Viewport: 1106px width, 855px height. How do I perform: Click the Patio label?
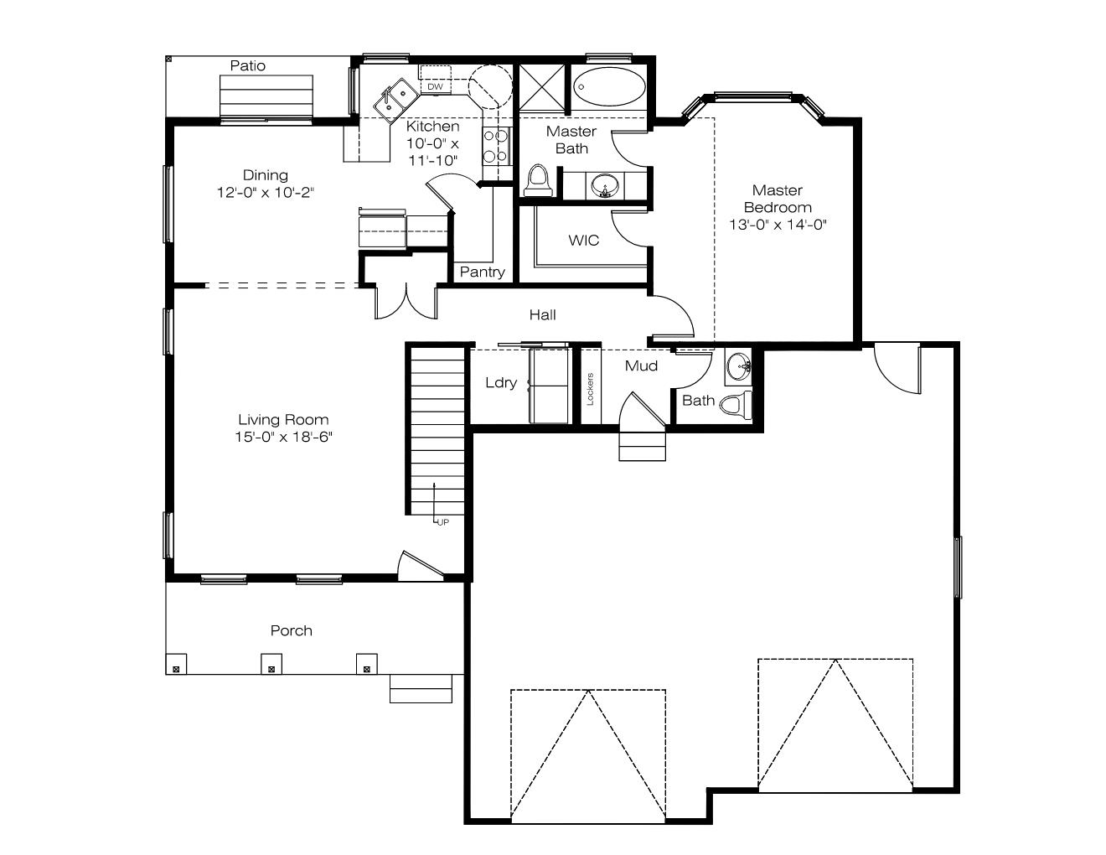(247, 65)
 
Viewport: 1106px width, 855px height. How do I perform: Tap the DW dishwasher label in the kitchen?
(435, 86)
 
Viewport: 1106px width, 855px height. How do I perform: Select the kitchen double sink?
(396, 100)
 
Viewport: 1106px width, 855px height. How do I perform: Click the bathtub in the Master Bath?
(609, 87)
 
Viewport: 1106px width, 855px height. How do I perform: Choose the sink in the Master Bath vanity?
(605, 186)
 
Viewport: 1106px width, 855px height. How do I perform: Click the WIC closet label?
(583, 241)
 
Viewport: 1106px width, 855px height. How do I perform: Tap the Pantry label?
(482, 272)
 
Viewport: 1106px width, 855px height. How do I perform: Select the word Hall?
(542, 314)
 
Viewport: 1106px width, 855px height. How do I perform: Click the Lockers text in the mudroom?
(591, 389)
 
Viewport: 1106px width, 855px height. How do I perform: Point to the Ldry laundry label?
(501, 382)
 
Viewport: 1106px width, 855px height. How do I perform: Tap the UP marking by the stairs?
(443, 522)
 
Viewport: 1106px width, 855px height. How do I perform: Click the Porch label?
(291, 630)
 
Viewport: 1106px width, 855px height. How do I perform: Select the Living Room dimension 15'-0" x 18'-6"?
(283, 437)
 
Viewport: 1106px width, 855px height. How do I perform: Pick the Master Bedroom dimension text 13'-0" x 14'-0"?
(778, 225)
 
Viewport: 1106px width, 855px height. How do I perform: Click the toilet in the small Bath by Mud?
(736, 405)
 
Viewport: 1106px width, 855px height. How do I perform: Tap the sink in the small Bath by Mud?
(738, 366)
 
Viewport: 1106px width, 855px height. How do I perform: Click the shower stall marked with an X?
(541, 87)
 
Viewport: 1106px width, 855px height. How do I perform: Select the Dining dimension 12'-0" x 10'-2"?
(265, 193)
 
